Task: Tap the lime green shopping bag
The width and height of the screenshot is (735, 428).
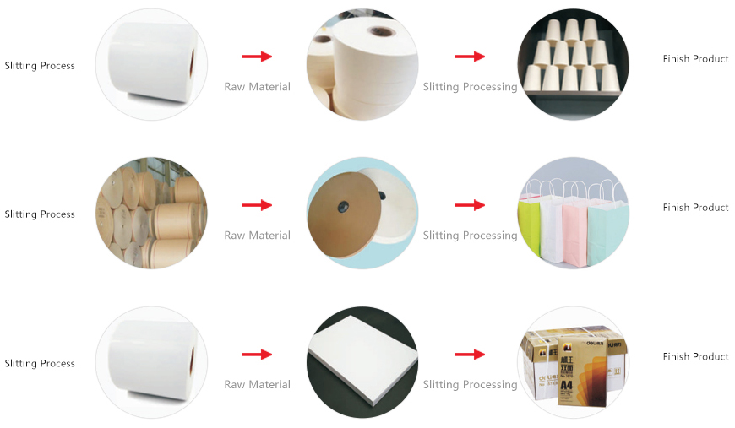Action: point(530,227)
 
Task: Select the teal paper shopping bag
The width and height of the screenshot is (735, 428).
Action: point(607,232)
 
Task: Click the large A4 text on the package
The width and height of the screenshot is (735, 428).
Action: point(566,386)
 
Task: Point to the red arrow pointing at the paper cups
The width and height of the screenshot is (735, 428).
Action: point(469,57)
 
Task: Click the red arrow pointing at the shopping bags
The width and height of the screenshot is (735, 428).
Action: point(469,205)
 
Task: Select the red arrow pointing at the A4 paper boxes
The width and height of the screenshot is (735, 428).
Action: point(469,355)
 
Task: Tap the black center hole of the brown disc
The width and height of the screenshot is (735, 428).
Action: point(344,206)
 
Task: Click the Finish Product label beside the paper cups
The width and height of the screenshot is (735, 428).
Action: point(695,59)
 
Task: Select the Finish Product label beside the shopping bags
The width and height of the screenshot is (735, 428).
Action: point(695,208)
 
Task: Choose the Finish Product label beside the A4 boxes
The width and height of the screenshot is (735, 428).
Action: point(695,357)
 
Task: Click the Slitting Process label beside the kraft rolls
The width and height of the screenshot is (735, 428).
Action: point(40,214)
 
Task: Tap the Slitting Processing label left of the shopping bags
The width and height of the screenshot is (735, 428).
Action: point(471,236)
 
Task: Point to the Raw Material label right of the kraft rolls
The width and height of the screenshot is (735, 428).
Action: point(258,236)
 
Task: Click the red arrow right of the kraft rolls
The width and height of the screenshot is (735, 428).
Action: point(257,205)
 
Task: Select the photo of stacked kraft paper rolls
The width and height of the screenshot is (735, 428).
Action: point(151,213)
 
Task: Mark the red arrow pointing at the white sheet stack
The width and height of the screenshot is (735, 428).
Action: point(257,355)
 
